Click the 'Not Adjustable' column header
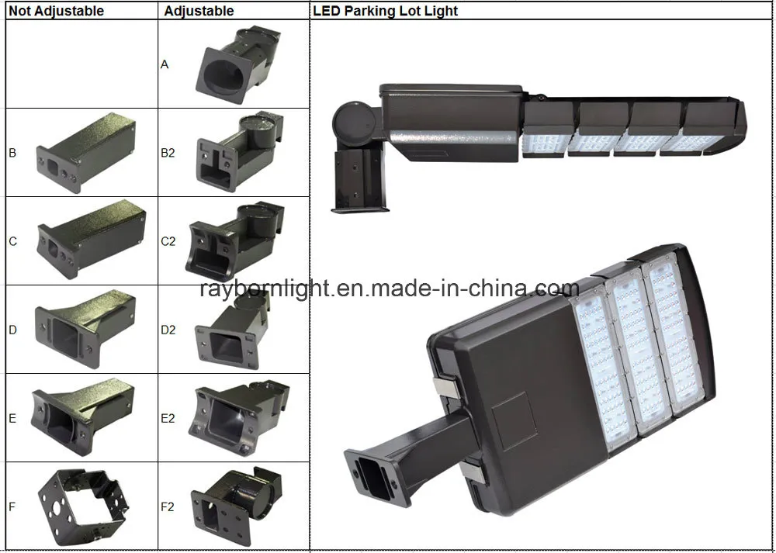[57, 11]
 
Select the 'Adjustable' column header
[199, 11]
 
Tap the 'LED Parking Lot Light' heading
[386, 11]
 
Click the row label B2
[168, 153]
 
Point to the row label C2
[168, 241]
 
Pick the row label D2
[168, 330]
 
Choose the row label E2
[168, 419]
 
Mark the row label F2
[168, 507]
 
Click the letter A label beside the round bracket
[165, 64]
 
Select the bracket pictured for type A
[238, 64]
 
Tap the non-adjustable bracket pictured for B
[85, 153]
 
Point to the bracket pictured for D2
[231, 329]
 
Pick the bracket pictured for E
[83, 417]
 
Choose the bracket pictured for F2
[236, 505]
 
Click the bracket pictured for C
[92, 240]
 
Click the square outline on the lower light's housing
[514, 421]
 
